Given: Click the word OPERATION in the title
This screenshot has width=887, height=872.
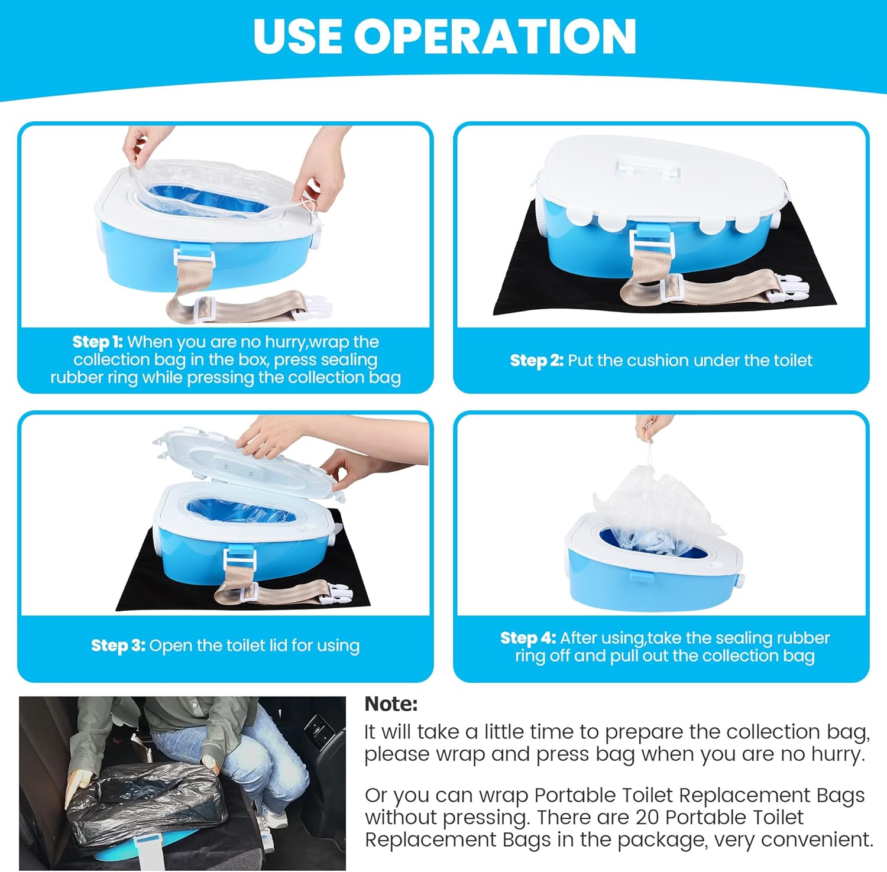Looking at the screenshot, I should pyautogui.click(x=496, y=37).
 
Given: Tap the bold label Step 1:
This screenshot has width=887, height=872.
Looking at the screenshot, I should pyautogui.click(x=98, y=342).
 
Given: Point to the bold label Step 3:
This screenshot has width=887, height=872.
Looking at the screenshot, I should pyautogui.click(x=118, y=646).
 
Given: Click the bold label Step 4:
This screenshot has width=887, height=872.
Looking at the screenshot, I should pyautogui.click(x=528, y=638).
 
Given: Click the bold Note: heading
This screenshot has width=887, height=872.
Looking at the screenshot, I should pyautogui.click(x=391, y=704).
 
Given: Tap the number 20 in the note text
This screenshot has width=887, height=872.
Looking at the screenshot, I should pyautogui.click(x=648, y=818).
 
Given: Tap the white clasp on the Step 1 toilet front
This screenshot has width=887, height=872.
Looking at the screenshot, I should pyautogui.click(x=192, y=255).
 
